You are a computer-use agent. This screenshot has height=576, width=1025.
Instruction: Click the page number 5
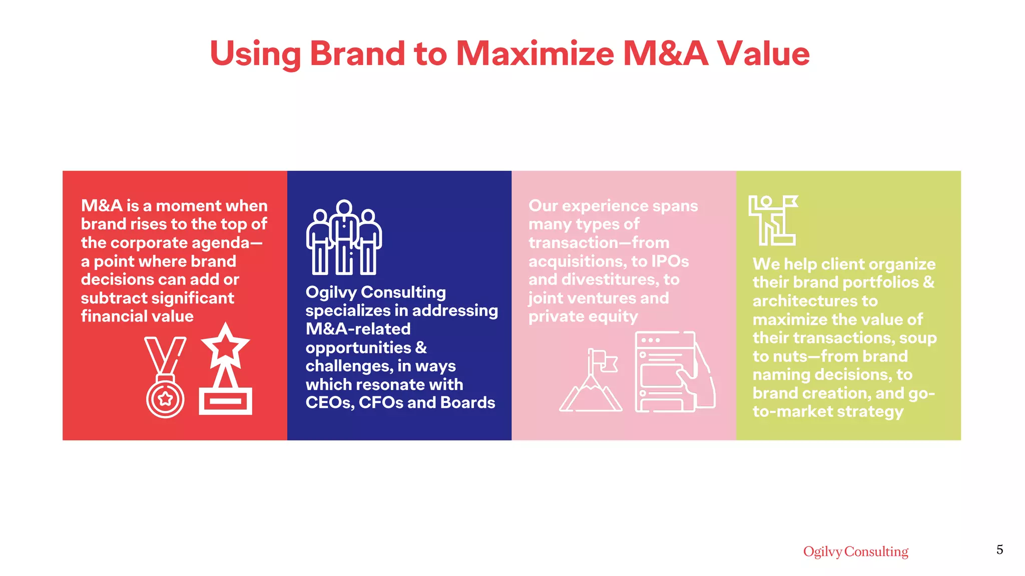tap(999, 550)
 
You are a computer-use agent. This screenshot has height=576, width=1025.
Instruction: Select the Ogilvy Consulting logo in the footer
tap(855, 551)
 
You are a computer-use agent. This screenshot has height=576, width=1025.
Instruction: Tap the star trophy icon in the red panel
tap(225, 370)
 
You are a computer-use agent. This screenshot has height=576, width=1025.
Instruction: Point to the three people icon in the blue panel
tap(344, 237)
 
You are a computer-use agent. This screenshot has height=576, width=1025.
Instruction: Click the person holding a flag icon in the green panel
tap(773, 220)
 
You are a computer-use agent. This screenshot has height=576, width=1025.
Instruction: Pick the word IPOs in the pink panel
tap(670, 261)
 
